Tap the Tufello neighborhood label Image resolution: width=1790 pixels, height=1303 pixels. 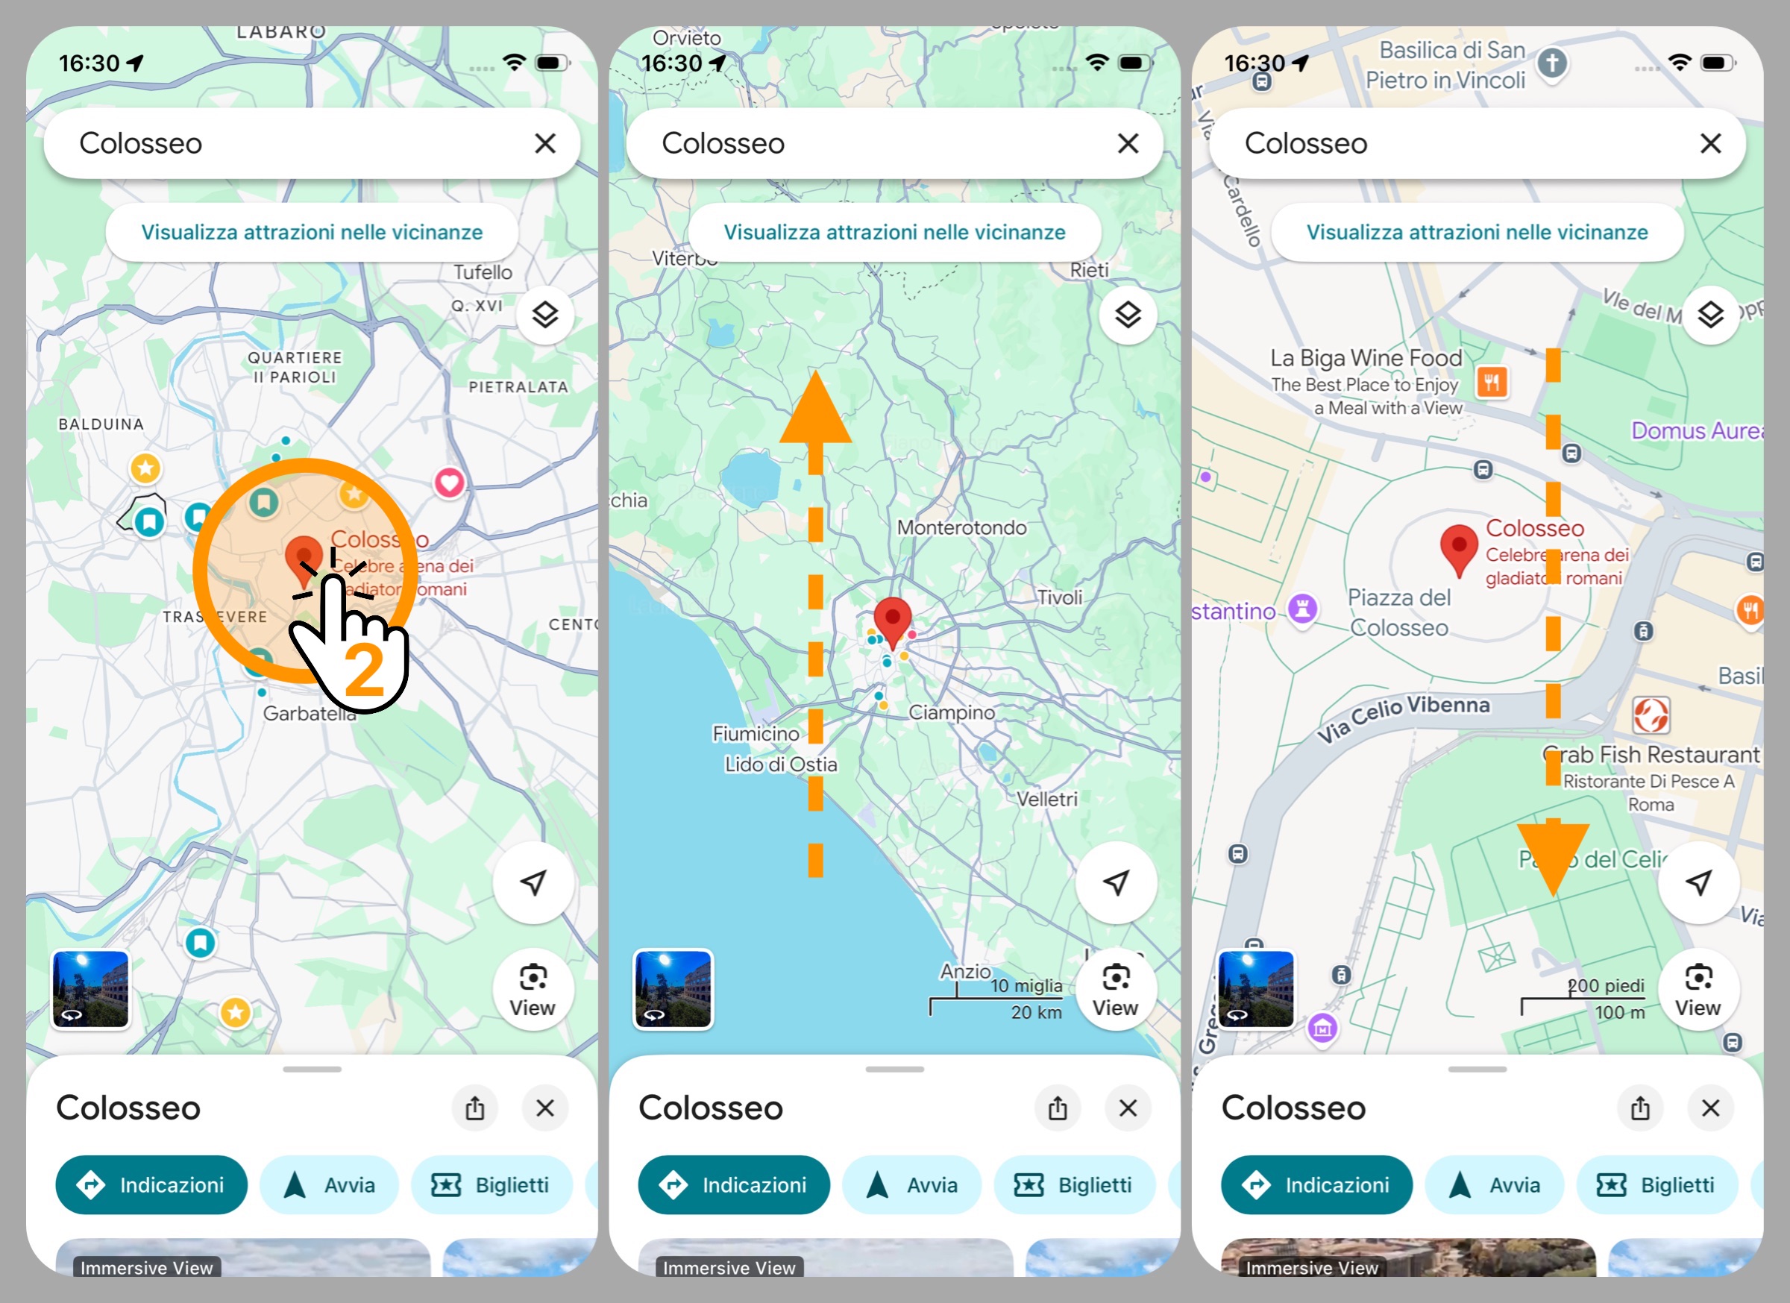tap(483, 272)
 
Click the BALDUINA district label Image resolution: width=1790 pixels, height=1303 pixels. tap(101, 424)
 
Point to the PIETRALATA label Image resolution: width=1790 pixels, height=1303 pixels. tap(518, 386)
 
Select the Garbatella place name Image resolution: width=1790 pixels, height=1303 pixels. tap(309, 714)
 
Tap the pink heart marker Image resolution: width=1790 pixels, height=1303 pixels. tap(449, 483)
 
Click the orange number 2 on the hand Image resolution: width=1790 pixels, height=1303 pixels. tap(365, 670)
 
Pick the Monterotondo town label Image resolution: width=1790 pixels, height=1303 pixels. tap(961, 527)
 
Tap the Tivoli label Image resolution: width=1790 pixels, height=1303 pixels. tap(1058, 597)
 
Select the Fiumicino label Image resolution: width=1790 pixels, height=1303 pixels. tap(756, 734)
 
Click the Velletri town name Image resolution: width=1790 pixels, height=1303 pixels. tap(1046, 799)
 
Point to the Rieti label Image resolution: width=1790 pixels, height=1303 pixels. tap(1088, 270)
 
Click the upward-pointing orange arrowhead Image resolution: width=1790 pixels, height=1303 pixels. tap(815, 409)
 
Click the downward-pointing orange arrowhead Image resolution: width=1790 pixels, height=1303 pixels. tap(1552, 857)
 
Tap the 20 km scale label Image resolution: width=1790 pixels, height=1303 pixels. tap(1035, 1012)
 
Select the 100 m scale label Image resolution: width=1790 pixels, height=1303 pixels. tap(1618, 1012)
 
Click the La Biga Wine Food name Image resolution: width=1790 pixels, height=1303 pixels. tap(1366, 358)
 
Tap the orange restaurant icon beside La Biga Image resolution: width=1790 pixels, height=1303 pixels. tap(1491, 383)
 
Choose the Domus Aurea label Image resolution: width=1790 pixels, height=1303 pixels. tap(1696, 431)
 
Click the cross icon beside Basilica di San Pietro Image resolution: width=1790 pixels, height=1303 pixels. tap(1551, 63)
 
